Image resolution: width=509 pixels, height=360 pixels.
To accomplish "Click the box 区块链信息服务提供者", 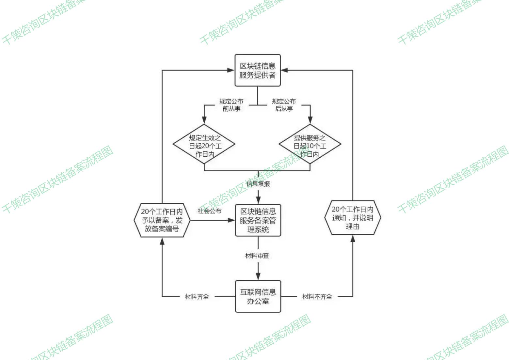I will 258,70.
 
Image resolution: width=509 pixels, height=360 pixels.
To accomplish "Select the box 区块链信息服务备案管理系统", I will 258,220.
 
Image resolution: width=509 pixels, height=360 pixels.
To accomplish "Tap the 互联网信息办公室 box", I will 258,296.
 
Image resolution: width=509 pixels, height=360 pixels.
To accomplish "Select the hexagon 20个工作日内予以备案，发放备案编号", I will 162,220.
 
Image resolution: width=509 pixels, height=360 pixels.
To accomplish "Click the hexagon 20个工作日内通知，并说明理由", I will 353,218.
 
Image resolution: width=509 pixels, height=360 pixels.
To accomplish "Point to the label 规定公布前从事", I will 231,105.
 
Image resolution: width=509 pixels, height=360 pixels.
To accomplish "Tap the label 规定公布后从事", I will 284,105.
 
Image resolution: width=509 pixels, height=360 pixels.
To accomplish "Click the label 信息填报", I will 258,184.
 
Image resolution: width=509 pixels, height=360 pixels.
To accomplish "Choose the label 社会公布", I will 210,211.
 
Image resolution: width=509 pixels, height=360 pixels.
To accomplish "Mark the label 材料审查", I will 257,256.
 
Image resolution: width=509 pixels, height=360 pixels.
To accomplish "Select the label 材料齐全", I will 197,296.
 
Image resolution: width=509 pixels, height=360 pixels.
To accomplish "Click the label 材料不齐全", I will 317,296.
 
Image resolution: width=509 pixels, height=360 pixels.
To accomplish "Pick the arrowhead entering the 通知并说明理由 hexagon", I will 353,239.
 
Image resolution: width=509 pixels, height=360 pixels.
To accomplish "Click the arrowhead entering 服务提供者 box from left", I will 231,70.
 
